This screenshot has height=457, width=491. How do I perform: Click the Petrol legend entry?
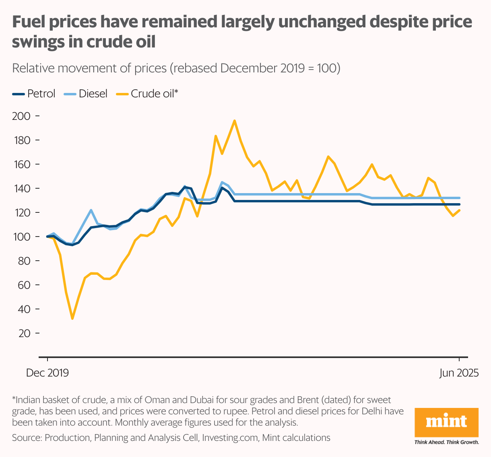coord(34,94)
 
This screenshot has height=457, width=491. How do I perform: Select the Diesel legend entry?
coord(86,94)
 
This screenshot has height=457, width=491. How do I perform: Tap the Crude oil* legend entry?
coord(147,94)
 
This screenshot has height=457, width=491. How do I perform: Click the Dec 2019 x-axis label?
coord(47,373)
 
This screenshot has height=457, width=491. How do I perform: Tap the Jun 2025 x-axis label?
coord(459,373)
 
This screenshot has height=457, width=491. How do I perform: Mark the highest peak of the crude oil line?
coord(234,120)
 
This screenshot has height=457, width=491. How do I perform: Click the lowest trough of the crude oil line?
coord(72,319)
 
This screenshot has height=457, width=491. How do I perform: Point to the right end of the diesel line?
coord(459,198)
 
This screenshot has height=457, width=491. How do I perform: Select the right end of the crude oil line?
coord(459,210)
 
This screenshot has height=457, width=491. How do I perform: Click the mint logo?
coord(446,422)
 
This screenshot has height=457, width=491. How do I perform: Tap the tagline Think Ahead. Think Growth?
coord(446,442)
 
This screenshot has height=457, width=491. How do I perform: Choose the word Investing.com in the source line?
coord(230,438)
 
